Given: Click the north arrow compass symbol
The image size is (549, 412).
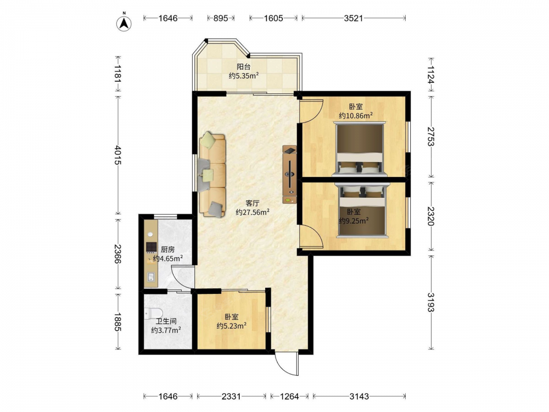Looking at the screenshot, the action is pyautogui.click(x=124, y=23).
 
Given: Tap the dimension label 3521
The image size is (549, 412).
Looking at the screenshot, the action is pyautogui.click(x=353, y=18).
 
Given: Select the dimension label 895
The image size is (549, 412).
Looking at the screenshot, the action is pyautogui.click(x=221, y=18).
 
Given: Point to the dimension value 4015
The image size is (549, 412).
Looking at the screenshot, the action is pyautogui.click(x=117, y=155).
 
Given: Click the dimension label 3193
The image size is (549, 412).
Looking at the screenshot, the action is pyautogui.click(x=430, y=302).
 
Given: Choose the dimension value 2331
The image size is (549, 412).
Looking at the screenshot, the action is pyautogui.click(x=231, y=396).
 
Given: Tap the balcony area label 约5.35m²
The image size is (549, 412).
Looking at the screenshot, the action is pyautogui.click(x=244, y=75).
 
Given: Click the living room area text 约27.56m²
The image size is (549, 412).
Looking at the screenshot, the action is pyautogui.click(x=253, y=212).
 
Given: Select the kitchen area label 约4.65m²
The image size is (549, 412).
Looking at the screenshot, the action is pyautogui.click(x=168, y=259).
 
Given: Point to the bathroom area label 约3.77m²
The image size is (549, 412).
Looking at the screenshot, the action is pyautogui.click(x=166, y=330).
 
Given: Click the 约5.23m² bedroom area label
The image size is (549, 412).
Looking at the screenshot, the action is pyautogui.click(x=232, y=326).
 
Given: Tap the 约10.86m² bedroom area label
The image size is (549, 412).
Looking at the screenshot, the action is pyautogui.click(x=355, y=115).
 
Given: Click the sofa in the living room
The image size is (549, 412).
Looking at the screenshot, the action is pyautogui.click(x=212, y=175).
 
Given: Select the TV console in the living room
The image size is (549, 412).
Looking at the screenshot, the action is pyautogui.click(x=289, y=175).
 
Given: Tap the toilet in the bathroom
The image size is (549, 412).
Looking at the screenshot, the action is pyautogui.click(x=153, y=313).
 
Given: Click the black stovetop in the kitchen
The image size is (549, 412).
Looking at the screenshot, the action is pyautogui.click(x=151, y=247).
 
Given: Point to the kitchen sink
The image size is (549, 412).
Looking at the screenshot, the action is pyautogui.click(x=151, y=277).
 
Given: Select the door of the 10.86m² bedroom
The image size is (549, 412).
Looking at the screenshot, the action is pyautogui.click(x=311, y=112).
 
